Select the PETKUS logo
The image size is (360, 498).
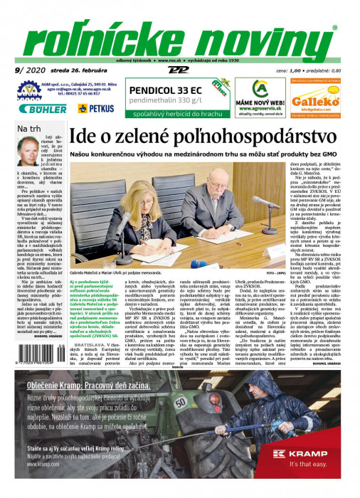(x=96, y=108)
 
